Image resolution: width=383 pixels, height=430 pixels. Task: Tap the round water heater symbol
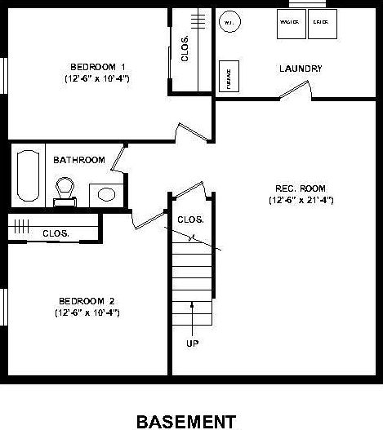click(229, 22)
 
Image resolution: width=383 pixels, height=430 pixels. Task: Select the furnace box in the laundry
click(228, 75)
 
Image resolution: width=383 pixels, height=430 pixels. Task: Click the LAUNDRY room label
click(300, 69)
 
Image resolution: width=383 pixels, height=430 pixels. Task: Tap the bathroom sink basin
click(105, 194)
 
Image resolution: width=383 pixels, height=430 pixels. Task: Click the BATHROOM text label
click(79, 160)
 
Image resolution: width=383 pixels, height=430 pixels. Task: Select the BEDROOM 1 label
click(97, 66)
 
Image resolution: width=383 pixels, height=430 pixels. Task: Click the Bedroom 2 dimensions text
click(87, 312)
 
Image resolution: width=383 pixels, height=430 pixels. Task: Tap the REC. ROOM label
click(301, 187)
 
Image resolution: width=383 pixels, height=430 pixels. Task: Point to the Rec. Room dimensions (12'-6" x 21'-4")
click(301, 200)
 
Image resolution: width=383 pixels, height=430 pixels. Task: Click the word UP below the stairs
click(193, 344)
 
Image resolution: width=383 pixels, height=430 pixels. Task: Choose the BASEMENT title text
click(186, 421)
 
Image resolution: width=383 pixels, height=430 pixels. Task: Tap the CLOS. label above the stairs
click(190, 219)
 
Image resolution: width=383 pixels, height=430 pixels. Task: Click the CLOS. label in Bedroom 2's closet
click(56, 233)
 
